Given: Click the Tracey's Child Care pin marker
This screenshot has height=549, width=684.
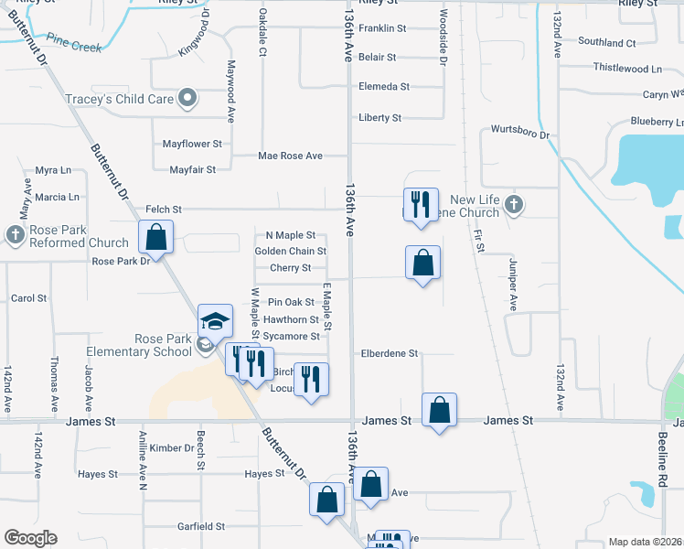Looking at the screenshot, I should [188, 98].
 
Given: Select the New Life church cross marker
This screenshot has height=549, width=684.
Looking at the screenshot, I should [513, 205].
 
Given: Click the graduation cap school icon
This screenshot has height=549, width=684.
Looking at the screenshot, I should [215, 321].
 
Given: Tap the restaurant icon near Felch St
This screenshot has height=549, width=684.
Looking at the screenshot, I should [421, 204].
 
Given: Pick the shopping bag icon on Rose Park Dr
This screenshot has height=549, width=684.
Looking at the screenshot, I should [156, 237].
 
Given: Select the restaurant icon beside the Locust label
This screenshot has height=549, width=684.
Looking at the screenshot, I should [311, 379].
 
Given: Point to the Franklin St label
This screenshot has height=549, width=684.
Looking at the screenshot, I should [382, 28].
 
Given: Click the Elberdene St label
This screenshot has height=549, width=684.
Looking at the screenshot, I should [389, 353].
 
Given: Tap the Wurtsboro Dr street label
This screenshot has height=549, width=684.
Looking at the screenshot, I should [518, 134].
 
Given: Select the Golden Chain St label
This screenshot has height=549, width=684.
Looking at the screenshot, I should [290, 251].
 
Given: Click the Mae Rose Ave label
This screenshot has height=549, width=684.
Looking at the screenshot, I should [290, 156].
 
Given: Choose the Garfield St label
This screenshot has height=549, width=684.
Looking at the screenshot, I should [201, 526].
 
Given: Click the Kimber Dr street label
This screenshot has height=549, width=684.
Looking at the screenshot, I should [172, 447].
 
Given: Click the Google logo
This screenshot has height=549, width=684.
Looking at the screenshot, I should [30, 538].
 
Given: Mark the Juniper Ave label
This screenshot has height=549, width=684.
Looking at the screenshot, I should [512, 285].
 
